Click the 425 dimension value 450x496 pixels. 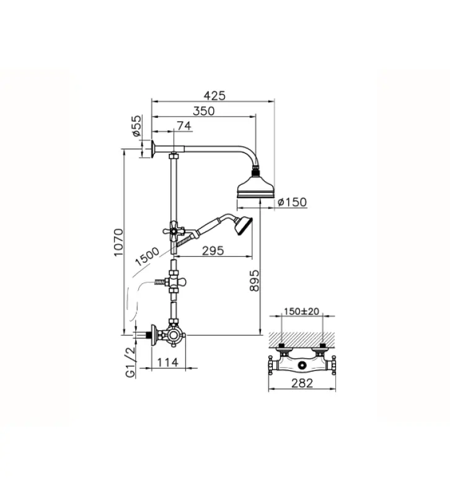pyautogui.click(x=214, y=95)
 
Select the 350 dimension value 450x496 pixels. pyautogui.click(x=203, y=111)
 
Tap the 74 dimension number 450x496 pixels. pyautogui.click(x=183, y=126)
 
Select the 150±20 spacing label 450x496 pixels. pyautogui.click(x=301, y=312)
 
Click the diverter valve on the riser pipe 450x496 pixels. pyautogui.click(x=174, y=283)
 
